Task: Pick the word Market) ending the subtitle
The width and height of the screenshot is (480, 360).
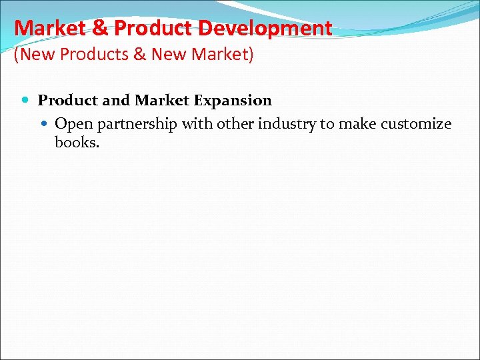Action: [224, 54]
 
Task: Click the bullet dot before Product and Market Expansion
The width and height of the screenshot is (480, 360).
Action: [26, 101]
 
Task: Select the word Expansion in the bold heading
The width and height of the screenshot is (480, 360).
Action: [233, 101]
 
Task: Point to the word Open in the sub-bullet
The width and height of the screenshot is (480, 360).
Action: [72, 124]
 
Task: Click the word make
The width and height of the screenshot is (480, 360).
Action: [360, 124]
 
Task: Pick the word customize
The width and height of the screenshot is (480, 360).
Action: [418, 124]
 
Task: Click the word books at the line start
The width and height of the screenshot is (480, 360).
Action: [75, 142]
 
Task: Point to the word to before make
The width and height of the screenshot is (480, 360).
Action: [328, 124]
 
